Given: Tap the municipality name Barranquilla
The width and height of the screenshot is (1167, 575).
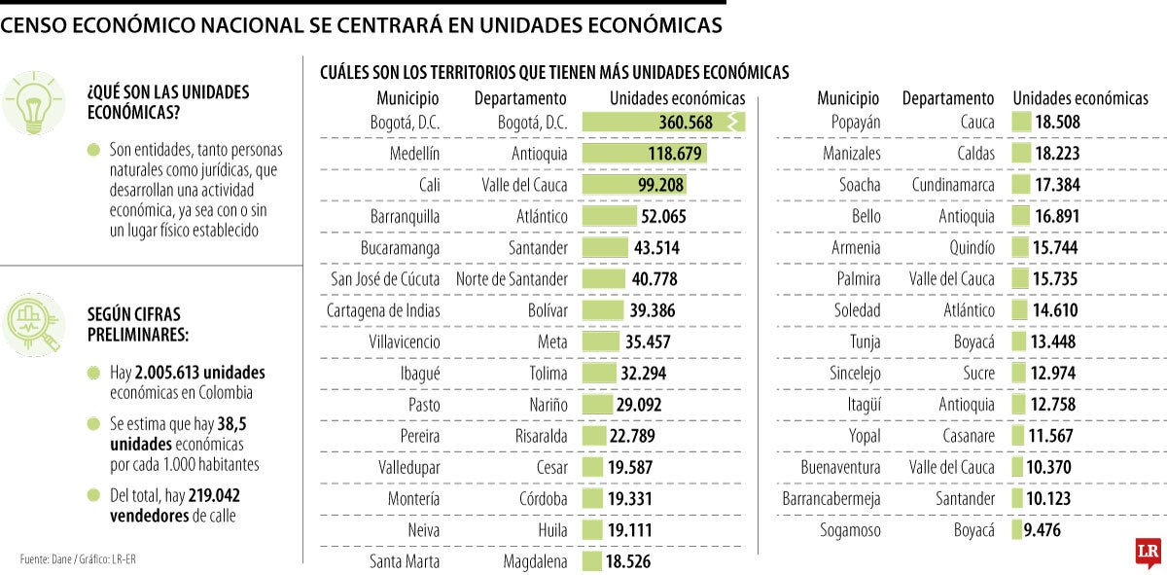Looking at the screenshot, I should [x=405, y=216].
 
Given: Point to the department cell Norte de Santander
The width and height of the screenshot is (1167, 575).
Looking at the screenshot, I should [x=512, y=279].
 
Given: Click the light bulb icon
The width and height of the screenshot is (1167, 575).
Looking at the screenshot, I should [x=34, y=102].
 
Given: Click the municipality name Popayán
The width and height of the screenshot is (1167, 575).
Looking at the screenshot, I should [x=856, y=123].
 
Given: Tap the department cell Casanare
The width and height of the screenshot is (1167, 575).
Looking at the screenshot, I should [x=969, y=436].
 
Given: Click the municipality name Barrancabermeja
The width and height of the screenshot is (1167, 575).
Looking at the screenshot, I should [x=831, y=498].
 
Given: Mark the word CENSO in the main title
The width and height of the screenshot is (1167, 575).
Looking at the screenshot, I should [x=38, y=26].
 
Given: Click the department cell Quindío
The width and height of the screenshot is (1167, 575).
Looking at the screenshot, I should [x=971, y=248].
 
